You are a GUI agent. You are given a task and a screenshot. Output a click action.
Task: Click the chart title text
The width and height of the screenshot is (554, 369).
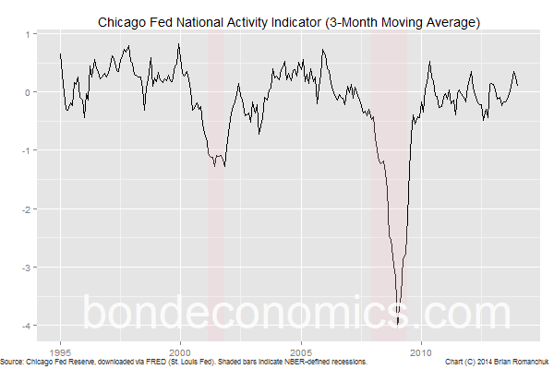(288, 20)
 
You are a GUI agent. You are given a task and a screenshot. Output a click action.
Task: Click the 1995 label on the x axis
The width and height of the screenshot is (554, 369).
(61, 351)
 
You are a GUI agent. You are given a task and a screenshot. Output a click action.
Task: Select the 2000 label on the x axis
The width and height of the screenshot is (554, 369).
(181, 351)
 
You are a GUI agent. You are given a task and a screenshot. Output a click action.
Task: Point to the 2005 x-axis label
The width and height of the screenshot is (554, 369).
(301, 351)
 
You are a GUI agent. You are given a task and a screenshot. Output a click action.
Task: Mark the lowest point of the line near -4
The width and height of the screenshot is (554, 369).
(398, 324)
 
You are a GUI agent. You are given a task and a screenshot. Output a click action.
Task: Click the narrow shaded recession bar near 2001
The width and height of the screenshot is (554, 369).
(216, 184)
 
